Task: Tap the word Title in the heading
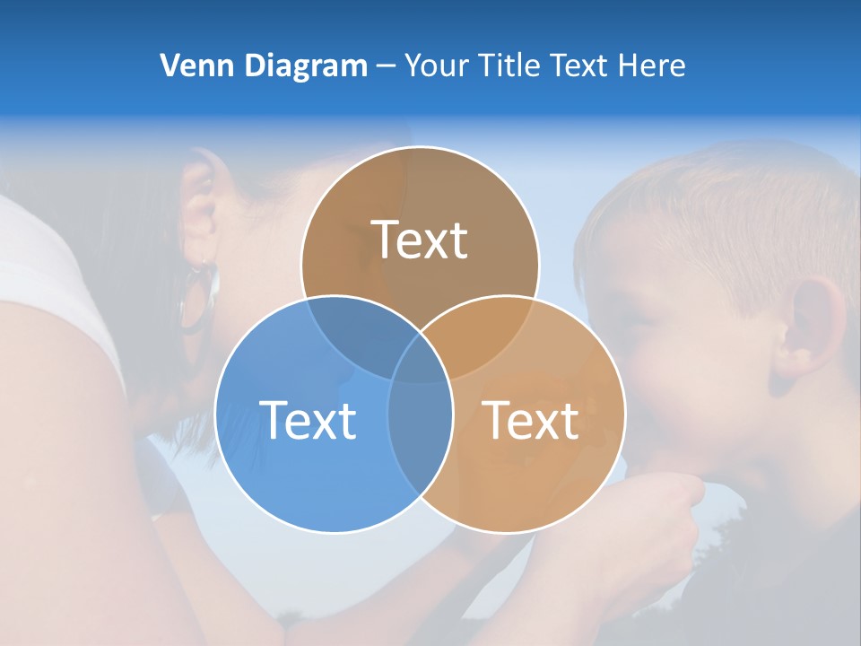click(510, 65)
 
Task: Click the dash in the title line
click(386, 66)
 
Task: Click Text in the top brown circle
click(420, 240)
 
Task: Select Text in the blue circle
click(308, 419)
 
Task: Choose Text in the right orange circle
click(531, 419)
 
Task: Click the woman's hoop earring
click(199, 296)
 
